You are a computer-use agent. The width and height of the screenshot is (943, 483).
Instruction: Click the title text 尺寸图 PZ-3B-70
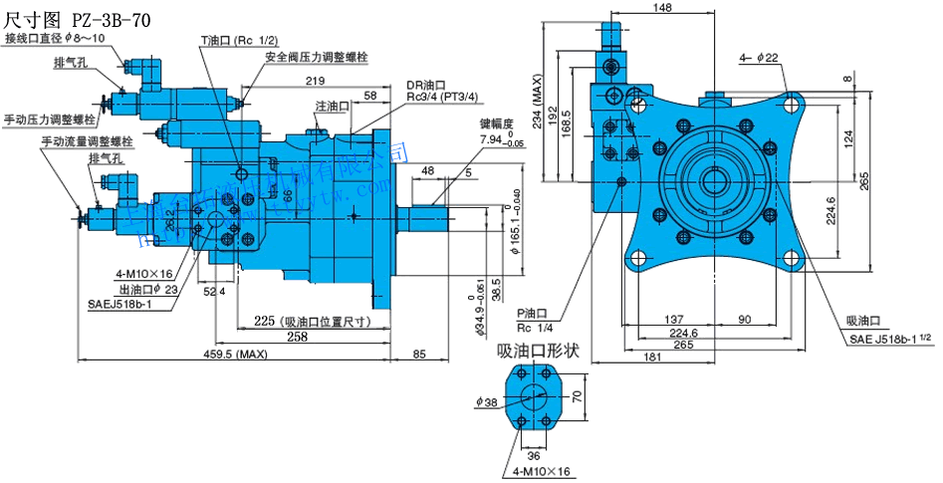(78, 16)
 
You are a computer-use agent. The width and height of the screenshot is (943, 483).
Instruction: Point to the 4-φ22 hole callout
(759, 59)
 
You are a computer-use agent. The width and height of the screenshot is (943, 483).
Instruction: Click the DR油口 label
(425, 85)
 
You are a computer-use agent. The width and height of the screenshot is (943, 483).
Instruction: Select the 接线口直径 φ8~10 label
(58, 38)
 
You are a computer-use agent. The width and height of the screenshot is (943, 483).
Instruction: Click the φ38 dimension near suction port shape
(488, 403)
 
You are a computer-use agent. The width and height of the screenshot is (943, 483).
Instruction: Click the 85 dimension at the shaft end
(419, 355)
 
